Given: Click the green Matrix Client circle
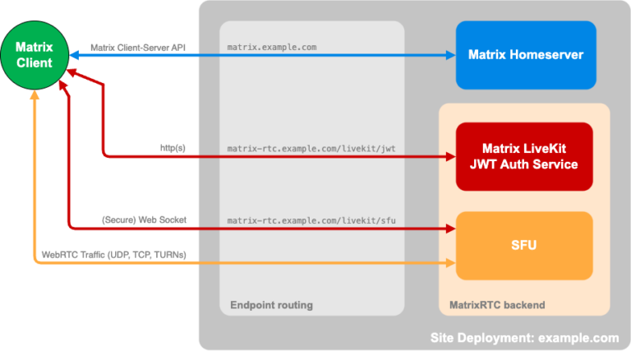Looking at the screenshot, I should [34, 55].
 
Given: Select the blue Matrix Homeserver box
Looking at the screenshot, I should [526, 55].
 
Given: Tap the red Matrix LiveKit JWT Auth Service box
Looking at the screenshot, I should [524, 156].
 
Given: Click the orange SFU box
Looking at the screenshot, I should [524, 245].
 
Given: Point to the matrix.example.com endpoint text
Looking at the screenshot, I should [272, 47].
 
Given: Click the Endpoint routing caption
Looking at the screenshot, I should [271, 306].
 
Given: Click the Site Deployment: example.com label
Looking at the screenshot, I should [524, 338].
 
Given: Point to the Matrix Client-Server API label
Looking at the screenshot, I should [138, 47].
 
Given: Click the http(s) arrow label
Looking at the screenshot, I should [173, 148].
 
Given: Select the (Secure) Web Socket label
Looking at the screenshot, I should [144, 219].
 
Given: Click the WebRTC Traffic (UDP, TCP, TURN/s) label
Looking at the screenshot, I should [114, 255].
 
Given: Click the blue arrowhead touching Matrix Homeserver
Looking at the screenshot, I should [450, 55].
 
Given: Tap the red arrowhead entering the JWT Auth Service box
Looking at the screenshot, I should [450, 156].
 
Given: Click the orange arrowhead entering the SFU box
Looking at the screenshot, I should [450, 263].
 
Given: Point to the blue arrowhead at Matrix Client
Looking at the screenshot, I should [74, 55].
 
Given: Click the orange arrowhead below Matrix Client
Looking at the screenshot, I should [34, 96].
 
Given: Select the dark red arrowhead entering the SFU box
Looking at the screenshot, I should [450, 228].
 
